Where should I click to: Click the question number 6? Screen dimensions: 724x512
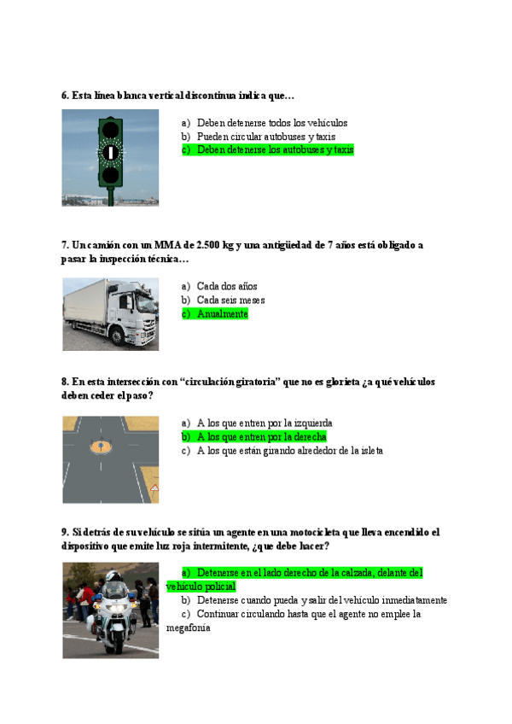coord(65,96)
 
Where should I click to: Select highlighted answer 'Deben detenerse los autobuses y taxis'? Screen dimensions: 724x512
coord(275,150)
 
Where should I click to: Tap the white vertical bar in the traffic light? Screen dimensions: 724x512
coord(110,152)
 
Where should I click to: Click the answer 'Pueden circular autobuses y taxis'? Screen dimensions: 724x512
coord(265,137)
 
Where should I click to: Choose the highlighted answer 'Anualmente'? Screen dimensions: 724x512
coord(222,314)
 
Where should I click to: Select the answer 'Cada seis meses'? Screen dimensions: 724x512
coord(230,301)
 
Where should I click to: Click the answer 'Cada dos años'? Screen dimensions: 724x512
coord(226,287)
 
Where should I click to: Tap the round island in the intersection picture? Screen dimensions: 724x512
coord(101,446)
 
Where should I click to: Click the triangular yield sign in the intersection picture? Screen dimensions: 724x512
coord(154,488)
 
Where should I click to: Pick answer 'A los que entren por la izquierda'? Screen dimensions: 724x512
coord(265,423)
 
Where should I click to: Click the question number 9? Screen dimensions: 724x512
coord(65,532)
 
